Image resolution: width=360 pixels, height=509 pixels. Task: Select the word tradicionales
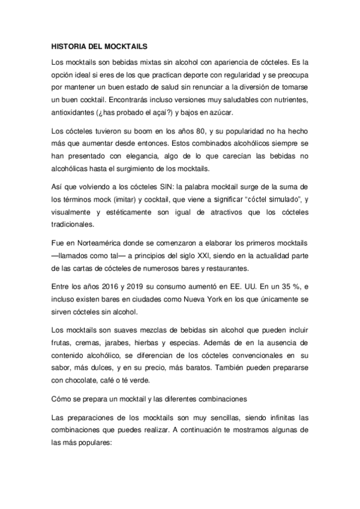pos(74,224)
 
